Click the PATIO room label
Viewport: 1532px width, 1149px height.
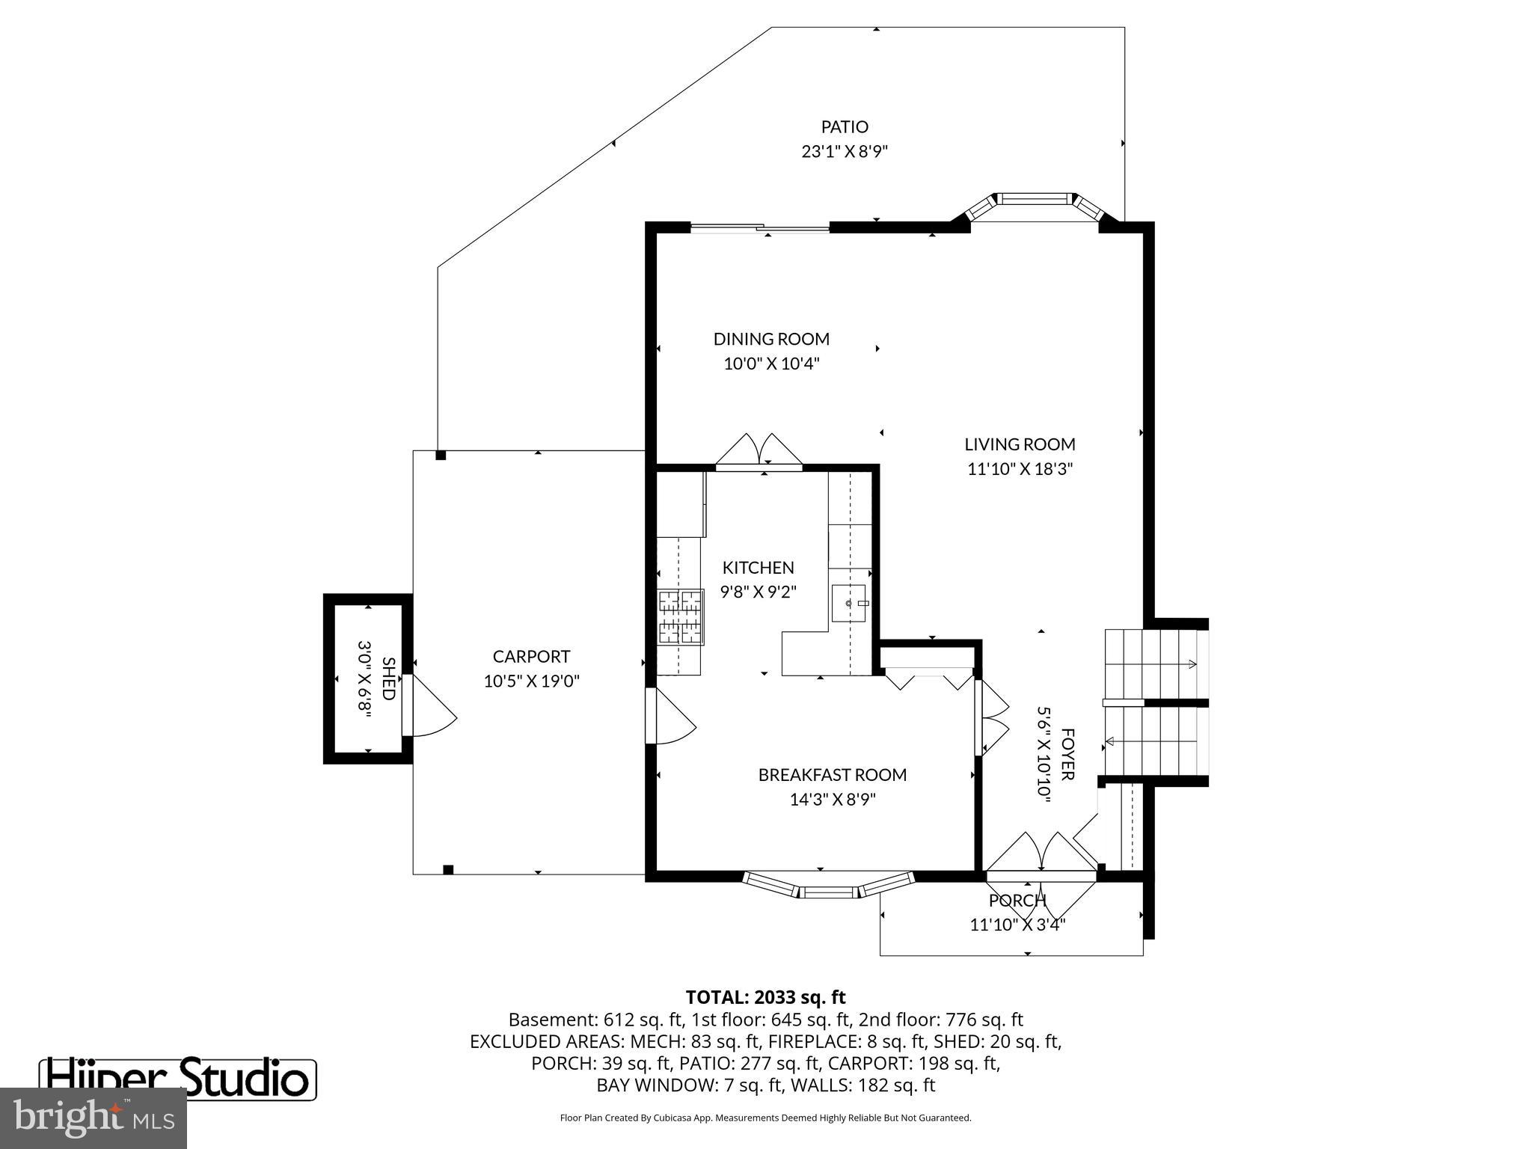(x=845, y=127)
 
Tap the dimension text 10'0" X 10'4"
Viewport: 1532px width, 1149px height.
(x=771, y=364)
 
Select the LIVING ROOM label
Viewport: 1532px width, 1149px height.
(x=1020, y=444)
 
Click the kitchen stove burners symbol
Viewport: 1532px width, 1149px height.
(x=681, y=617)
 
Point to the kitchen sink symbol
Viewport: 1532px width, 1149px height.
(x=849, y=603)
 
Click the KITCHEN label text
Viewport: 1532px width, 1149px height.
(x=758, y=568)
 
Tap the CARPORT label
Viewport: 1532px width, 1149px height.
(x=531, y=657)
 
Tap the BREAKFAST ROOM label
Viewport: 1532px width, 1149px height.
(x=832, y=775)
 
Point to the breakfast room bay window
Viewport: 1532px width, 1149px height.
(x=828, y=887)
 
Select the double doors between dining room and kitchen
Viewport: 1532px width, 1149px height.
(x=759, y=453)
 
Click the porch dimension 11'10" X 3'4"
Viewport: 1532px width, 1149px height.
(x=1017, y=925)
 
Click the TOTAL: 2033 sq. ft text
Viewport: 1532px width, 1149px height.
(x=765, y=997)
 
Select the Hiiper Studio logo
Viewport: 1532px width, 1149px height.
(x=178, y=1079)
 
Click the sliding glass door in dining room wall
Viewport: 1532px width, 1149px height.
(x=759, y=228)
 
